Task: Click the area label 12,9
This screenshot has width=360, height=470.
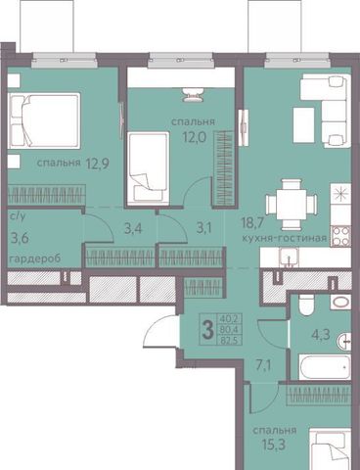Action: click(97, 163)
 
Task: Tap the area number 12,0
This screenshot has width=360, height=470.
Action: click(194, 137)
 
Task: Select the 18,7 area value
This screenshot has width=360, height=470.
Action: click(252, 223)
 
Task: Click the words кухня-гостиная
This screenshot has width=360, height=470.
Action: click(285, 238)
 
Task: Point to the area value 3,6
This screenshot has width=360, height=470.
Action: click(20, 238)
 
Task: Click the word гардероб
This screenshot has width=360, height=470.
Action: click(35, 258)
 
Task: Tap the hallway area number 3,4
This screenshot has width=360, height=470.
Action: click(134, 228)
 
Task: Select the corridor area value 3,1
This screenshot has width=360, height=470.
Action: click(204, 228)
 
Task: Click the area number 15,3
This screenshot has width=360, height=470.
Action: click(275, 445)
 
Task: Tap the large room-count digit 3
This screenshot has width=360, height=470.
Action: click(207, 330)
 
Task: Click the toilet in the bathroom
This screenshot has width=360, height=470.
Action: click(306, 305)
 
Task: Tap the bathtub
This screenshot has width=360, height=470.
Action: click(325, 367)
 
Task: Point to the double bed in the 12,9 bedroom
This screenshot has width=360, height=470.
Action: click(44, 120)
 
